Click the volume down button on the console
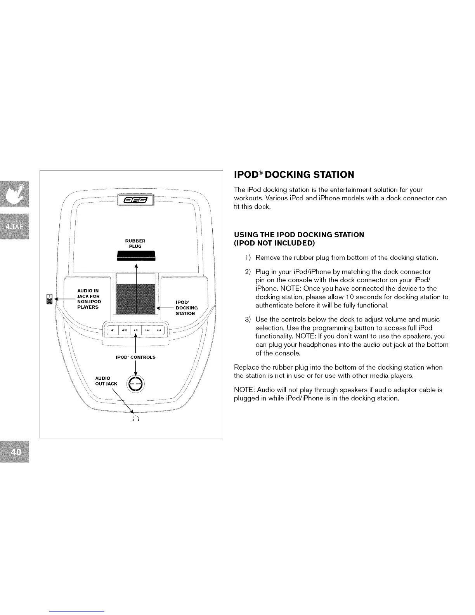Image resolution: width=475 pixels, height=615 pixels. [113, 330]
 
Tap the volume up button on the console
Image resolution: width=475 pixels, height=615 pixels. [124, 330]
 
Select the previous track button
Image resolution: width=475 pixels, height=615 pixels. [147, 330]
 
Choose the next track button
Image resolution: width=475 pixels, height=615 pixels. [159, 330]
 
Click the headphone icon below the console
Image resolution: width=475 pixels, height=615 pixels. [135, 418]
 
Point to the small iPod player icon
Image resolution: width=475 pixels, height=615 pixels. [49, 299]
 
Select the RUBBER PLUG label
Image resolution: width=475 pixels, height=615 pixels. [135, 243]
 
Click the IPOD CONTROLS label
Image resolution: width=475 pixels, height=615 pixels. [135, 357]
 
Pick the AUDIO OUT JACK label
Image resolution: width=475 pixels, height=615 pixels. [106, 381]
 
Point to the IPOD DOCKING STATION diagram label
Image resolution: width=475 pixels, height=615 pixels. [187, 308]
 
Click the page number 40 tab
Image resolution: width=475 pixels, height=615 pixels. [16, 452]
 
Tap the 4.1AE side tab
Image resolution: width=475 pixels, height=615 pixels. [15, 227]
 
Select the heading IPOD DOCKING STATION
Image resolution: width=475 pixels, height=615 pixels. [294, 175]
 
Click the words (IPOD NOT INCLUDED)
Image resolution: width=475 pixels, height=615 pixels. [274, 243]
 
